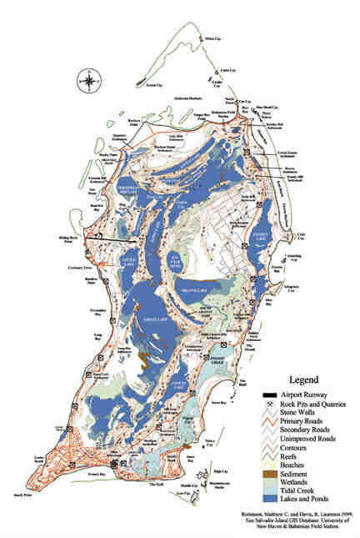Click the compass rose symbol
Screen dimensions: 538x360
(86, 81)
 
